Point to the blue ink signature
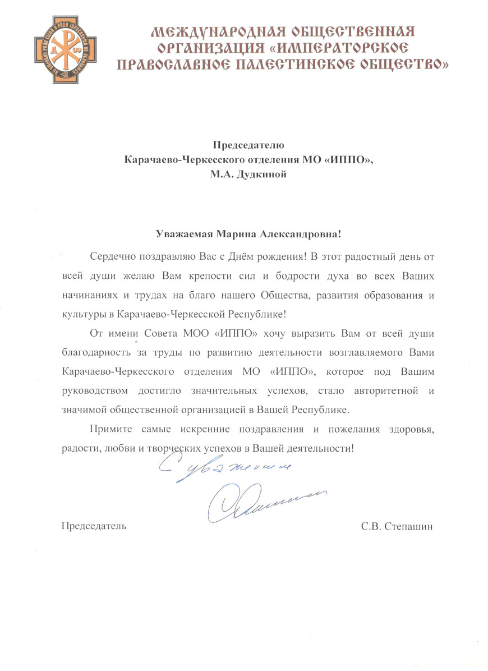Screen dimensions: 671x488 (258, 501)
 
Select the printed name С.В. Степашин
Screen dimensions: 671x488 (399, 526)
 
